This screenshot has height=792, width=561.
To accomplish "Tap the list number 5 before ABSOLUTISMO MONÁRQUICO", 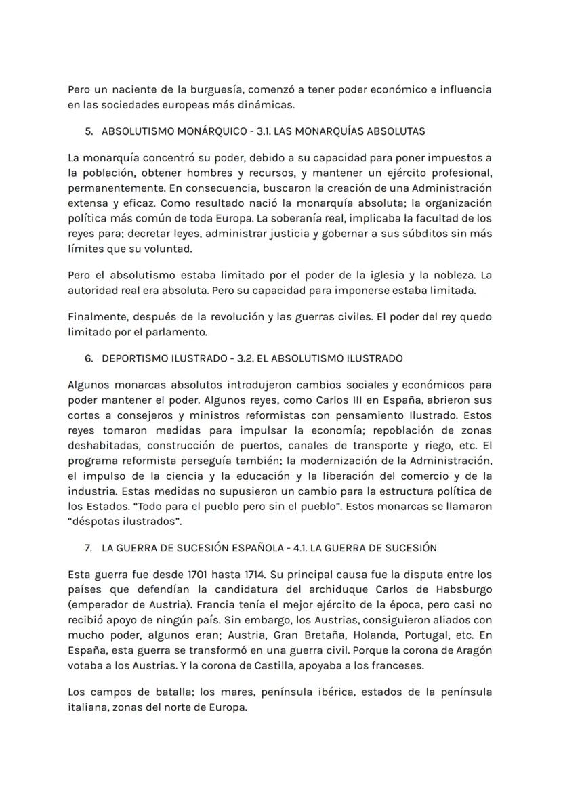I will click(89, 131).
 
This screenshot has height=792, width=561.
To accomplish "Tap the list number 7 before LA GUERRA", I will click(89, 547).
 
